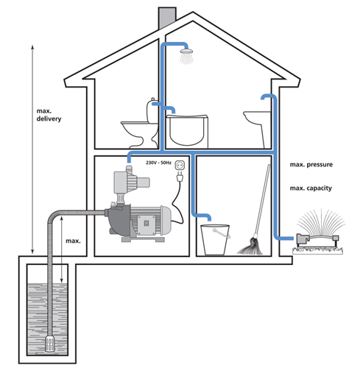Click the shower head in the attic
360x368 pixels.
pos(186,52)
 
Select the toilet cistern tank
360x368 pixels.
pos(152,110)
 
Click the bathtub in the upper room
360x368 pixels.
pos(187,130)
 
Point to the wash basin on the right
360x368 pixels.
pos(256,117)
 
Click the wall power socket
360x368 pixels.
pos(180,166)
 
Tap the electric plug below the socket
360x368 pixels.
pos(180,177)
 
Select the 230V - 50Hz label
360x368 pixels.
pos(158,163)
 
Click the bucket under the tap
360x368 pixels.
pos(215,240)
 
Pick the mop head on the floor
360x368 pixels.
pos(250,247)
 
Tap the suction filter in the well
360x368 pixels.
pos(51,344)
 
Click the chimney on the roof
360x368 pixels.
pos(167,18)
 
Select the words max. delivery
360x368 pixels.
pos(49,115)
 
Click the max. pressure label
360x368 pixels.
pos(311,164)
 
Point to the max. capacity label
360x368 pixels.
pos(311,188)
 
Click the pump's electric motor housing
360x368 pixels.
pos(150,221)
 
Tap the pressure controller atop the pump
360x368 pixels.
pos(131,182)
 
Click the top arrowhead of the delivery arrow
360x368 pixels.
pos(32,46)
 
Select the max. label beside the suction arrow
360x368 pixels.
pos(73,241)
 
